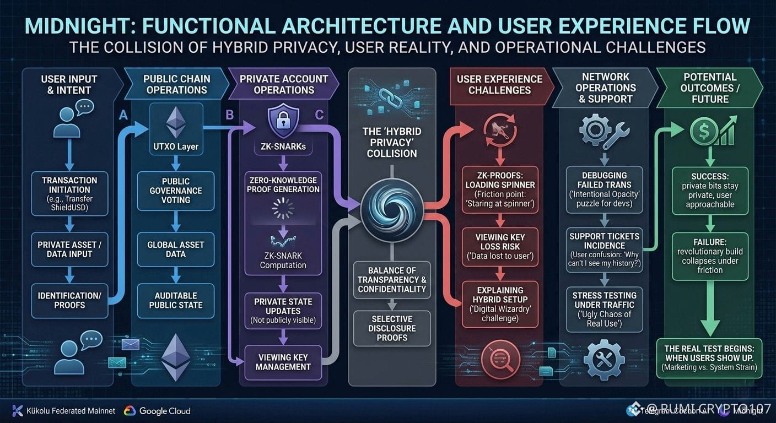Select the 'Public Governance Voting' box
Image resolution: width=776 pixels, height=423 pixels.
click(176, 190)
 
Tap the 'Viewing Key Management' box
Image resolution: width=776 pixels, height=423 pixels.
click(283, 362)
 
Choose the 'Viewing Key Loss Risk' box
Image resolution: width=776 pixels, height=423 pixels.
click(500, 246)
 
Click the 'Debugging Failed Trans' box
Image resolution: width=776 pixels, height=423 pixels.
click(605, 189)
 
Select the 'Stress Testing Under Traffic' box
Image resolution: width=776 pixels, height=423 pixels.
click(605, 309)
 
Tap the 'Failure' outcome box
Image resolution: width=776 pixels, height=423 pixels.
click(710, 256)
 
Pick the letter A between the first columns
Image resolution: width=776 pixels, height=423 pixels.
click(123, 115)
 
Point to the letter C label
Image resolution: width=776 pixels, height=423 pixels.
click(319, 115)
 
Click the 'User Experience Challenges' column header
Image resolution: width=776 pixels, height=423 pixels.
click(499, 85)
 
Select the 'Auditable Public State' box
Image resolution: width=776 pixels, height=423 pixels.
click(176, 300)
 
